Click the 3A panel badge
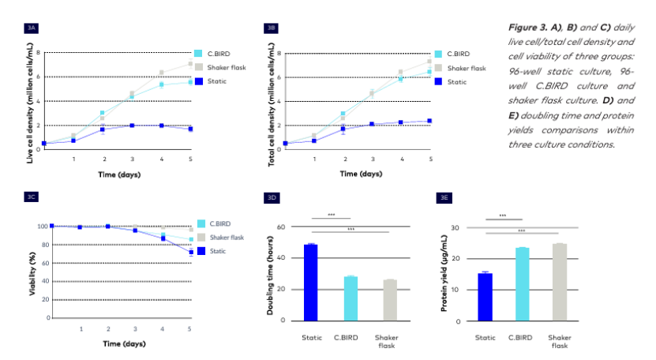pos(32,28)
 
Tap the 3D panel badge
pos(271,197)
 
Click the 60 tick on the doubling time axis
pos(279,227)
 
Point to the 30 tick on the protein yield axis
pos(454,227)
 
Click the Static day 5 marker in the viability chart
pos(190,252)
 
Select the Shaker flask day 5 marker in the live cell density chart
pos(190,63)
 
